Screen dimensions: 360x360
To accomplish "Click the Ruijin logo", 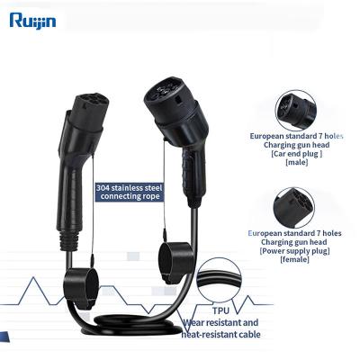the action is point(32,21).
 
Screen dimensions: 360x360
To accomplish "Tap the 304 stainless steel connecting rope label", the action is point(130,192).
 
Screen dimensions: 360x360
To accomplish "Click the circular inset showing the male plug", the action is point(295,110).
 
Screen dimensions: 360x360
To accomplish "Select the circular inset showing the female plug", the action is point(293,208).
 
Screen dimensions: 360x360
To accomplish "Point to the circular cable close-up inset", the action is point(220,280).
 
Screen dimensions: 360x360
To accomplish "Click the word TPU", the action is point(220,310).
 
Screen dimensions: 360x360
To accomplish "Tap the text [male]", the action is point(297,162).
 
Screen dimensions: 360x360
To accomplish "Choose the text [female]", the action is point(294,259).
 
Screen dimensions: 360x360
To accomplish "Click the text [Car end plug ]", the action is point(297,154).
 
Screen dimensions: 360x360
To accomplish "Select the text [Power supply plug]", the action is point(294,250).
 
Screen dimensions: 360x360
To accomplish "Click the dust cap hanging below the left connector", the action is point(81,288).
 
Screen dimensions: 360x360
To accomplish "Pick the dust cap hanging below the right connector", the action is point(175,263).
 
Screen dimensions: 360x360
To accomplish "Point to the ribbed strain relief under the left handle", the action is point(69,240).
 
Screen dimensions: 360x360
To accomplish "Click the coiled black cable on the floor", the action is point(132,326).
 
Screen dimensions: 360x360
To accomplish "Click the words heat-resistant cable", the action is point(221,334).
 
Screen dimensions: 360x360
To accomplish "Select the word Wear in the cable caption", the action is point(193,323).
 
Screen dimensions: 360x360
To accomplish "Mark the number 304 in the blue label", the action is point(103,188).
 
